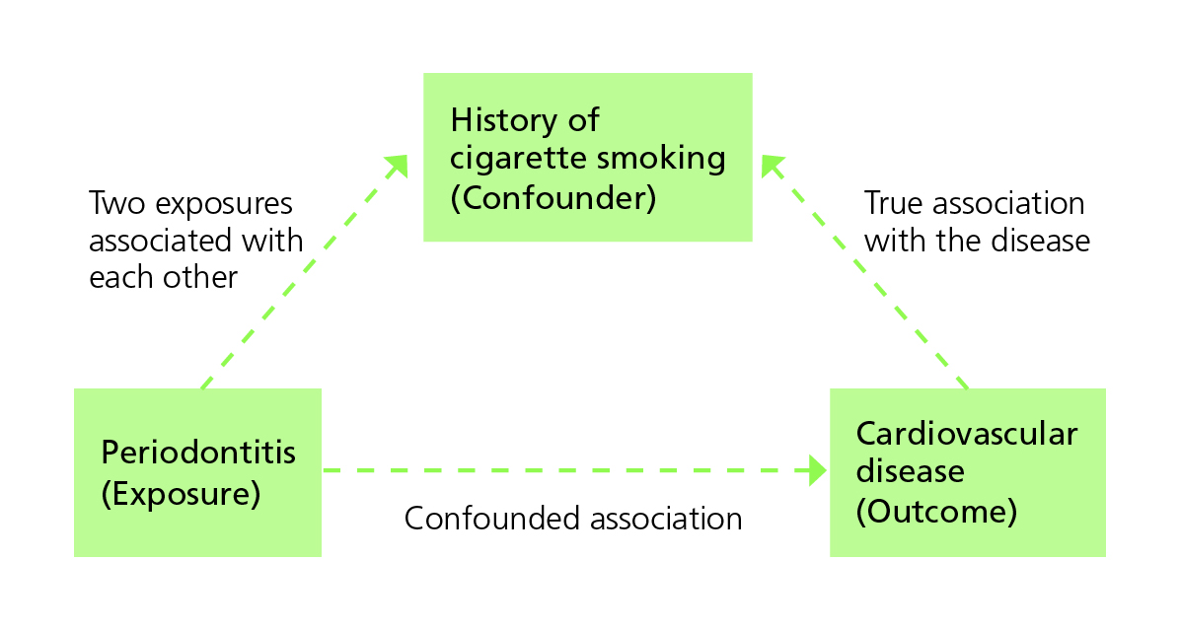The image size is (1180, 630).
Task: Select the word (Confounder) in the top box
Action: tap(553, 197)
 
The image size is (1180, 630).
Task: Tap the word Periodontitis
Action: tap(198, 453)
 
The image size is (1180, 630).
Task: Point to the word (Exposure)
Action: tap(181, 493)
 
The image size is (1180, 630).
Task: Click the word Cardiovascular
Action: tap(967, 434)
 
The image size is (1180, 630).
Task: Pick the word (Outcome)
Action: tap(936, 511)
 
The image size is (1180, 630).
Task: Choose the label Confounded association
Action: tap(573, 519)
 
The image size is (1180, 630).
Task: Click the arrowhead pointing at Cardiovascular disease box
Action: tap(817, 470)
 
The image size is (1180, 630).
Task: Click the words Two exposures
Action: tap(190, 204)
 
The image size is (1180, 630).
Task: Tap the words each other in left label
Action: tap(163, 277)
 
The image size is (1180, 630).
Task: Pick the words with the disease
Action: tap(977, 241)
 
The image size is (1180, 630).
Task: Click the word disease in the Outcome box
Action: tap(910, 471)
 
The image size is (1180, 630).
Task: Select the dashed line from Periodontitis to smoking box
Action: tap(296, 281)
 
